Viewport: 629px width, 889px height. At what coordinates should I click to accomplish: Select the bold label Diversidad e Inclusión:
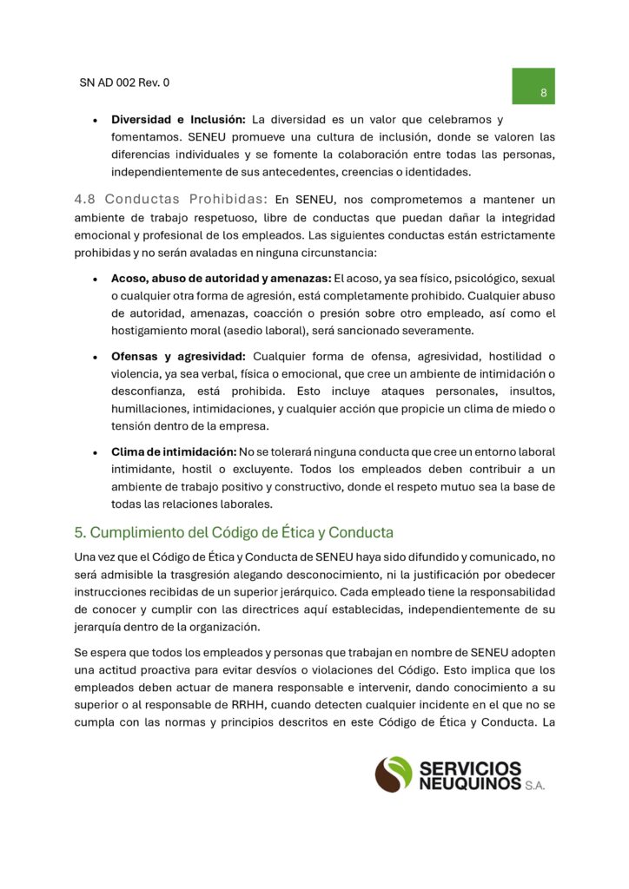coord(179,120)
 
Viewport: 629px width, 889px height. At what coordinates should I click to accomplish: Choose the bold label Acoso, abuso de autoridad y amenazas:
coord(221,279)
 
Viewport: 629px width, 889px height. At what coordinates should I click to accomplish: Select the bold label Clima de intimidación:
coord(174,452)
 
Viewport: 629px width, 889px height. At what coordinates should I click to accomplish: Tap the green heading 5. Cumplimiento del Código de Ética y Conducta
coord(235,531)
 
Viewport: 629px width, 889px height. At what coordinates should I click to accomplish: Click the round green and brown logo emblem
coord(394,774)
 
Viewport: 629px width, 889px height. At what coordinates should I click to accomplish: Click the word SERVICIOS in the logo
coord(470,767)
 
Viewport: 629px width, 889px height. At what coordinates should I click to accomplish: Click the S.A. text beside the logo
coord(534,786)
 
